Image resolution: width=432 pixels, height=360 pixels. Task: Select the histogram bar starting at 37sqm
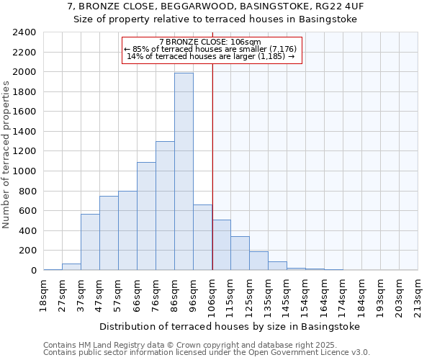pyautogui.click(x=90, y=242)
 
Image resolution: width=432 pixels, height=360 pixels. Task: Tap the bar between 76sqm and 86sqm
pyautogui.click(x=165, y=205)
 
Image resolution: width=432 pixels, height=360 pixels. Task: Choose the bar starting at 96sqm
pyautogui.click(x=202, y=237)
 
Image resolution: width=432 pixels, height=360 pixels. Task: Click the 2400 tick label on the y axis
pyautogui.click(x=24, y=32)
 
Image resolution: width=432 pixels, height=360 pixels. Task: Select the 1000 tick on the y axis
pyautogui.click(x=24, y=171)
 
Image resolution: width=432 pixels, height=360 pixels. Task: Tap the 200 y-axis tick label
pyautogui.click(x=27, y=251)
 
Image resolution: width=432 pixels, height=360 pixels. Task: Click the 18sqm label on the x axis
pyautogui.click(x=43, y=294)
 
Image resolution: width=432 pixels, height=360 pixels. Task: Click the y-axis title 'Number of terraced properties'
pyautogui.click(x=7, y=154)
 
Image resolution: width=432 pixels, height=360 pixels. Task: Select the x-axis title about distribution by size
pyautogui.click(x=229, y=326)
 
